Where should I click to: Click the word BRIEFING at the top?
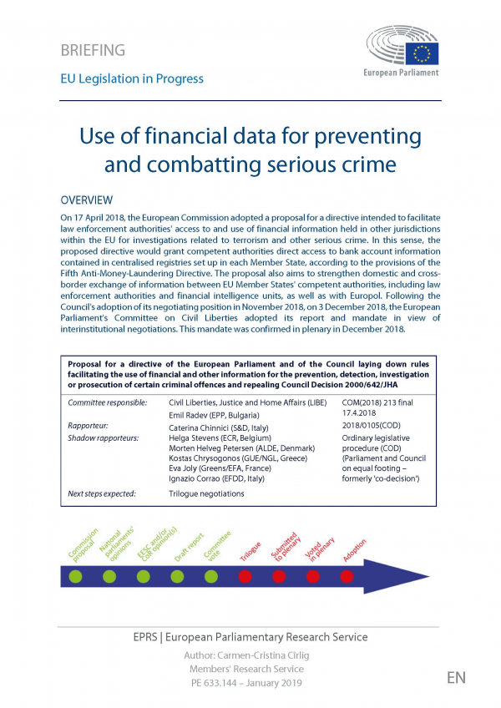93,50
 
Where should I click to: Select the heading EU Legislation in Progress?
132,78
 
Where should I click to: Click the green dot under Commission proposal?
75,576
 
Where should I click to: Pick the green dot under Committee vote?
211,576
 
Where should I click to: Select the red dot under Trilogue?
245,576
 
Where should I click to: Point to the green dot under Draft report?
177,576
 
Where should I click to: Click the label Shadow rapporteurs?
103,437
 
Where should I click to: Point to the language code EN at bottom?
456,677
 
